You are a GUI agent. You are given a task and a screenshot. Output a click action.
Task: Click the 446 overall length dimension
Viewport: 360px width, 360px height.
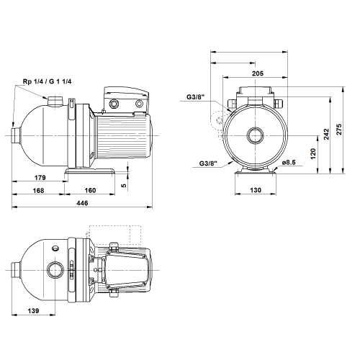pos(82,203)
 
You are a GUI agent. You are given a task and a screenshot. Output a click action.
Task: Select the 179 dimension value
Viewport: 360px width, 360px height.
pos(40,178)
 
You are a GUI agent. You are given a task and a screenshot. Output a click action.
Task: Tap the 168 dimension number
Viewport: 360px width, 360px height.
pos(38,191)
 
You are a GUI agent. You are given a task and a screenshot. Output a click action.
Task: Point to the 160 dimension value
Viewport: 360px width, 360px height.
pos(90,190)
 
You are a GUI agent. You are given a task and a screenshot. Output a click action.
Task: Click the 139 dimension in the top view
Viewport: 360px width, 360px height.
pos(33,311)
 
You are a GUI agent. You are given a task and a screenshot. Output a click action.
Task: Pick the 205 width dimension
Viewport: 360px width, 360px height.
pos(258,73)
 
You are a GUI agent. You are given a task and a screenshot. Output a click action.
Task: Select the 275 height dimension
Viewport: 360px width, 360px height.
pos(339,130)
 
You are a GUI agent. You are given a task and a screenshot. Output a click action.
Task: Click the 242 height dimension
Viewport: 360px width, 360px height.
pos(326,135)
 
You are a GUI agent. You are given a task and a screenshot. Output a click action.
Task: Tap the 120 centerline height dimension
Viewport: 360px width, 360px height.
pos(313,154)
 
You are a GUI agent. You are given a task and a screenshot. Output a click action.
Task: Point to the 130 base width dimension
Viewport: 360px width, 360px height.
pos(256,190)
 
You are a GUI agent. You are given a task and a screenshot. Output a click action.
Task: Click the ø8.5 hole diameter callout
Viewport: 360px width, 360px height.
pos(289,163)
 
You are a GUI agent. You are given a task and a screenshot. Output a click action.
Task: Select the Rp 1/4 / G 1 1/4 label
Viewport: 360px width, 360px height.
pos(47,81)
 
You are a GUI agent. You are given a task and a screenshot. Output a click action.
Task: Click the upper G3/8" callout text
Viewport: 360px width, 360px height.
pos(196,97)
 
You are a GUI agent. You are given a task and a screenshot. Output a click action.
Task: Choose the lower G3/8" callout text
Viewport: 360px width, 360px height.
pos(208,163)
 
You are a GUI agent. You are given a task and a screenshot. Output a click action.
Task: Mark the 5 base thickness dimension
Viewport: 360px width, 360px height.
pos(124,186)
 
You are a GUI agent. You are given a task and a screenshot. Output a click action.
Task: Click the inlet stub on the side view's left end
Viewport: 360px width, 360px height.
pos(16,135)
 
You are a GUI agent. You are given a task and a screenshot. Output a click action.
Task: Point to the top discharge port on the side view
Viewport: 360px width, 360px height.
pos(55,101)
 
